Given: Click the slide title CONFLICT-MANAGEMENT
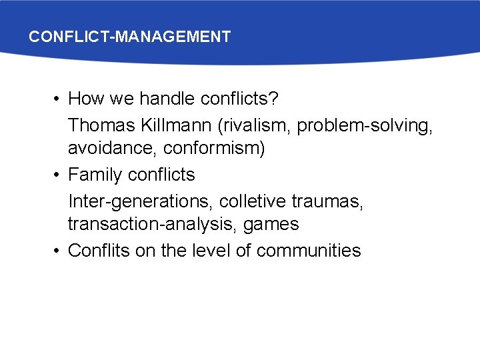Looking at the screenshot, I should pyautogui.click(x=129, y=37).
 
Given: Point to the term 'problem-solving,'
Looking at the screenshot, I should pyautogui.click(x=365, y=125).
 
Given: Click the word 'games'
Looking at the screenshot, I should pyautogui.click(x=271, y=224).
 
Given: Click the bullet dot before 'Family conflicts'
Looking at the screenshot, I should pyautogui.click(x=58, y=175).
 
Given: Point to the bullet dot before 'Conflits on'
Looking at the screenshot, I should pyautogui.click(x=58, y=251).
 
